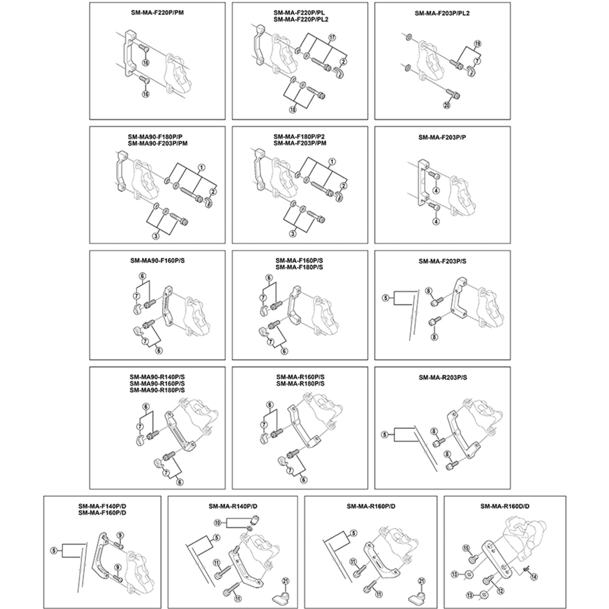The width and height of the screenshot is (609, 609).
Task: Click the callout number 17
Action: (x=332, y=37)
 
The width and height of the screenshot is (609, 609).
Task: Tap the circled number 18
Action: (x=293, y=110)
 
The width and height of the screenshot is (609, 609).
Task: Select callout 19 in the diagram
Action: (x=477, y=44)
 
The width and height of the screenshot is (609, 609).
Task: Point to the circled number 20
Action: (x=447, y=105)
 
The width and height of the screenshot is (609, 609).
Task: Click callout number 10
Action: (x=218, y=523)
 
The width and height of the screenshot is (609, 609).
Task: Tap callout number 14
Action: (x=534, y=577)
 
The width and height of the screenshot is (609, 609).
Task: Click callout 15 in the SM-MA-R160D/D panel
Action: (x=466, y=549)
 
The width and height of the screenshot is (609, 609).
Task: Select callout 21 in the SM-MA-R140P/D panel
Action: (x=286, y=581)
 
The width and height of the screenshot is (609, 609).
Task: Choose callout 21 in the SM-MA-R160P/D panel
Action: (x=422, y=581)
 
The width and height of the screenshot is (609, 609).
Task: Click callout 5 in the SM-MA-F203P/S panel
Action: (x=386, y=297)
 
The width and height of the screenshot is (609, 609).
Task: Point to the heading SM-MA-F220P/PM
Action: (x=157, y=13)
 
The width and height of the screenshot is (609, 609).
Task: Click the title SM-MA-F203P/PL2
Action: (x=442, y=13)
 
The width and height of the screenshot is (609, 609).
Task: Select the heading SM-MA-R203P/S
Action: (x=442, y=378)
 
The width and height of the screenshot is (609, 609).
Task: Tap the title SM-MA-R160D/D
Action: (x=505, y=506)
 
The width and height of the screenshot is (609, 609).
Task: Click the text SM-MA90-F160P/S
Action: (x=157, y=261)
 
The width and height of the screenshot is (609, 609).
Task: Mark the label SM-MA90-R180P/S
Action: (x=157, y=390)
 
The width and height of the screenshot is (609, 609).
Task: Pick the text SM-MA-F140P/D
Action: (x=102, y=506)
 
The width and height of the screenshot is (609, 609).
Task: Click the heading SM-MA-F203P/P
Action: (x=442, y=137)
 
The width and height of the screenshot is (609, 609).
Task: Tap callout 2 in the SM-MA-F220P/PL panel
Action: (x=343, y=62)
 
